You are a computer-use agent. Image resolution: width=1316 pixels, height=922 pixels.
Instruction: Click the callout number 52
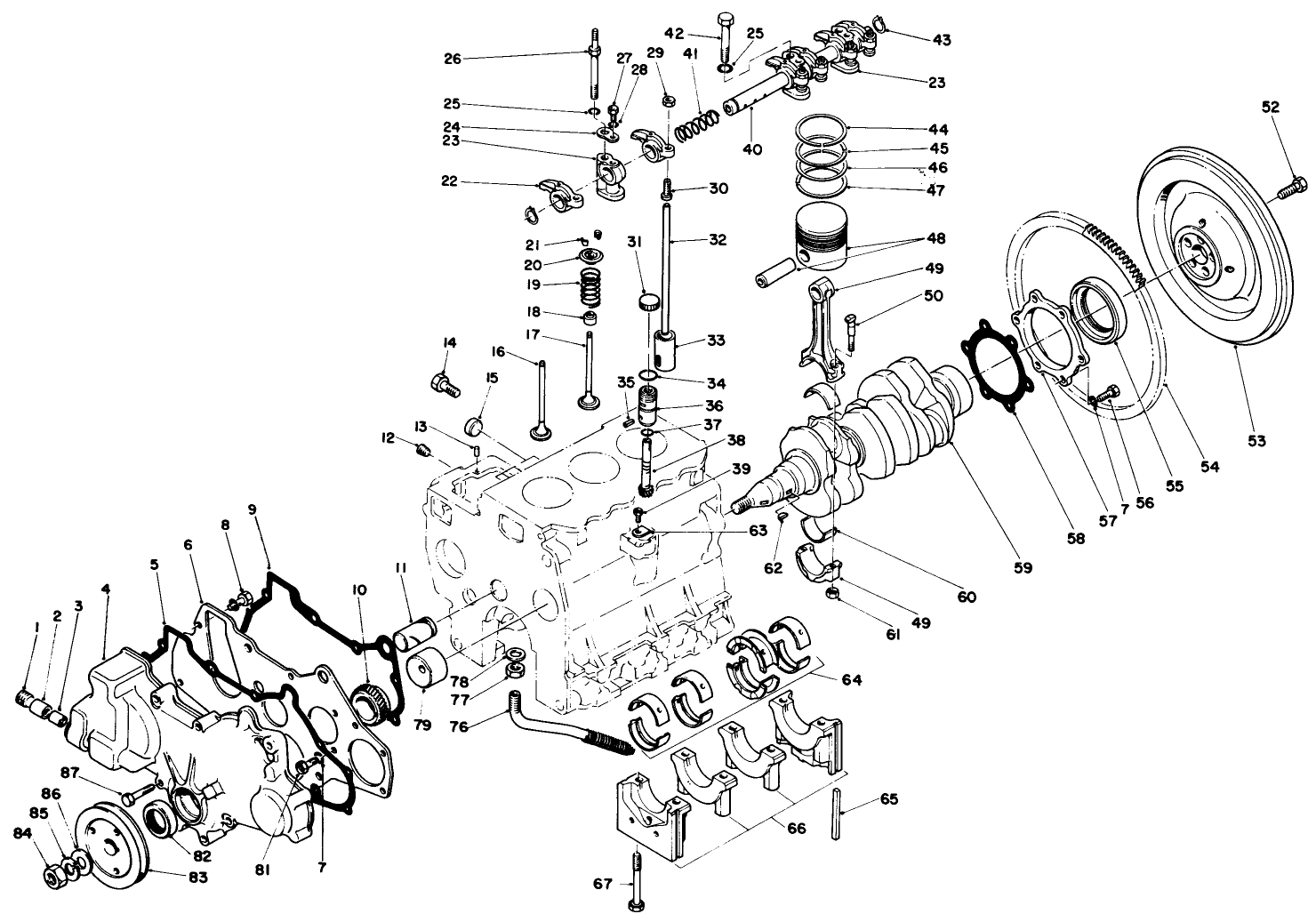(x=1270, y=107)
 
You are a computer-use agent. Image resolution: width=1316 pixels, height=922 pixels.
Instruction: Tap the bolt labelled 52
(x=1290, y=188)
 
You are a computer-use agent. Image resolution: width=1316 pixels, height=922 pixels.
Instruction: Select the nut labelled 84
(x=52, y=877)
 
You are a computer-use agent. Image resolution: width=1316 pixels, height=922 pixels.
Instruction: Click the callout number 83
(x=197, y=878)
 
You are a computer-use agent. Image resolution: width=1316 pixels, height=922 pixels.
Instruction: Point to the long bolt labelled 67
(x=636, y=880)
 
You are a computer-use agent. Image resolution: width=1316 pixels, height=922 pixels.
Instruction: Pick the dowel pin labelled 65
(x=839, y=814)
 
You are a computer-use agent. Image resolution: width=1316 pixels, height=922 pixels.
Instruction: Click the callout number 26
(x=453, y=59)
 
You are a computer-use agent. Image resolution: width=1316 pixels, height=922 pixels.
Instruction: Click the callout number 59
(x=1023, y=567)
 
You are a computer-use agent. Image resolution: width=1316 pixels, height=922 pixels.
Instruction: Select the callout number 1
(x=36, y=628)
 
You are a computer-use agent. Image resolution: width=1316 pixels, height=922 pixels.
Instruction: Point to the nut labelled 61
(x=833, y=594)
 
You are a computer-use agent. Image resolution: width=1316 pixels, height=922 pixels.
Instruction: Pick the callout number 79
(x=422, y=725)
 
